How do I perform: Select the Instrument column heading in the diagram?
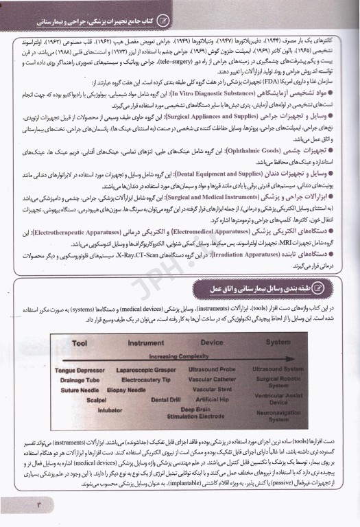point(137,342)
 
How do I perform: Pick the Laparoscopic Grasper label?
point(144,371)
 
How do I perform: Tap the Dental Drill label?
point(165,399)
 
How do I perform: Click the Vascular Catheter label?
point(211,380)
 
